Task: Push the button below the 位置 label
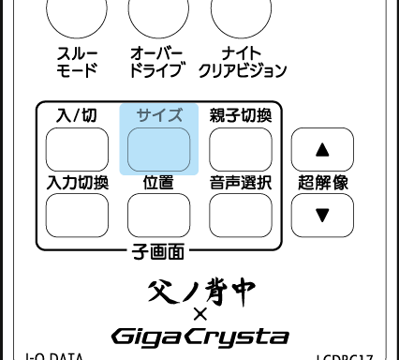tap(158, 215)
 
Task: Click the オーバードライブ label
tap(156, 63)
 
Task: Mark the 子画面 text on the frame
tap(158, 250)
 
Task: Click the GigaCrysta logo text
tap(199, 334)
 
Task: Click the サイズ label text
tap(158, 113)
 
